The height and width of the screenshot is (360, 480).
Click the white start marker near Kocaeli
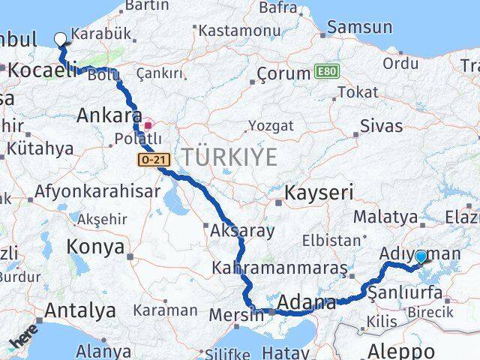60,39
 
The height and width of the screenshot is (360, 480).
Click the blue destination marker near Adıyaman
420,257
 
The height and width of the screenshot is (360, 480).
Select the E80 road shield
326,72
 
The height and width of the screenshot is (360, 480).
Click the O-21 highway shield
150,159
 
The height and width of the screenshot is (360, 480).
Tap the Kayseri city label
318,193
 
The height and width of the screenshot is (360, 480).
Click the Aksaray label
242,230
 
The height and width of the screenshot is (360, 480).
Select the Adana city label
307,303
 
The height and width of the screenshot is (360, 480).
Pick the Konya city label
95,246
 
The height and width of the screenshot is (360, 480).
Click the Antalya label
80,310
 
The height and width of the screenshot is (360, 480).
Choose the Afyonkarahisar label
97,191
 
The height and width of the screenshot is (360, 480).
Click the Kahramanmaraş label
279,268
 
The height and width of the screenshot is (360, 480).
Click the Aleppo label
401,349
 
